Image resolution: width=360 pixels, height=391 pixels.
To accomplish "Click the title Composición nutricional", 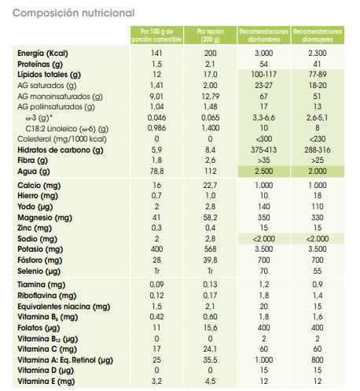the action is click(x=74, y=13).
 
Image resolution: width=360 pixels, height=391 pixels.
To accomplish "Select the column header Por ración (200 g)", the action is click(x=210, y=35).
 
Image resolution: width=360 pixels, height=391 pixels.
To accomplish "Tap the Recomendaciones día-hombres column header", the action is click(x=264, y=35).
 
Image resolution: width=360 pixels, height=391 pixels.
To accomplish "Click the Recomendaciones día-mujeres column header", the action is click(x=318, y=35).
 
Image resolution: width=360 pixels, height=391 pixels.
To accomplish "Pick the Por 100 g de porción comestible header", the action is click(x=156, y=35).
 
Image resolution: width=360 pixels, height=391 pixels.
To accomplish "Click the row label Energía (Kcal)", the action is click(x=42, y=53).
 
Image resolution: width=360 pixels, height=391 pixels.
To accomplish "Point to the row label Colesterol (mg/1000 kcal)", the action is click(x=62, y=139).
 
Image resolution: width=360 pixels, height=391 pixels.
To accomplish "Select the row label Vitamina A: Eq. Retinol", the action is click(x=65, y=360).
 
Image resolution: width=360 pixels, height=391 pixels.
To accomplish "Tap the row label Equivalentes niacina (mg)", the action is click(x=64, y=307).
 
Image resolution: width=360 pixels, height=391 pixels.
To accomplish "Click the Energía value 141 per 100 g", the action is click(x=156, y=53).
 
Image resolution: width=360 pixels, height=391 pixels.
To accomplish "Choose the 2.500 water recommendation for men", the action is click(x=264, y=172).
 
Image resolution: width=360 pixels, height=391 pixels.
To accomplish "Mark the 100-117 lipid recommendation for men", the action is click(x=264, y=75).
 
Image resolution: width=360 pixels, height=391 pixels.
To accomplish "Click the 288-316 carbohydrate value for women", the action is click(x=318, y=150).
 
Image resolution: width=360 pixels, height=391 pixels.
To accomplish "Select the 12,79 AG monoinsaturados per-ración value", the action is click(x=211, y=96).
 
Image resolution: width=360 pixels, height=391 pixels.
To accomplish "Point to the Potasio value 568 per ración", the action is click(x=211, y=249).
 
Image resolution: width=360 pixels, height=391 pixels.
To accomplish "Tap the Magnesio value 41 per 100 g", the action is click(x=156, y=218).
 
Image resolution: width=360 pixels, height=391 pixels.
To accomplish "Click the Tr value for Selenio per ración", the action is click(x=211, y=271).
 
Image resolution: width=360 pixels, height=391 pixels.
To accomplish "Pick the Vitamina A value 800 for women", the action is click(x=318, y=360).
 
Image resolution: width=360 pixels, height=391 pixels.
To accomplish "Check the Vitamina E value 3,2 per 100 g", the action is click(x=156, y=382).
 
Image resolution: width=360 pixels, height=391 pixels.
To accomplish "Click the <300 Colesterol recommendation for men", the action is click(x=264, y=139).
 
